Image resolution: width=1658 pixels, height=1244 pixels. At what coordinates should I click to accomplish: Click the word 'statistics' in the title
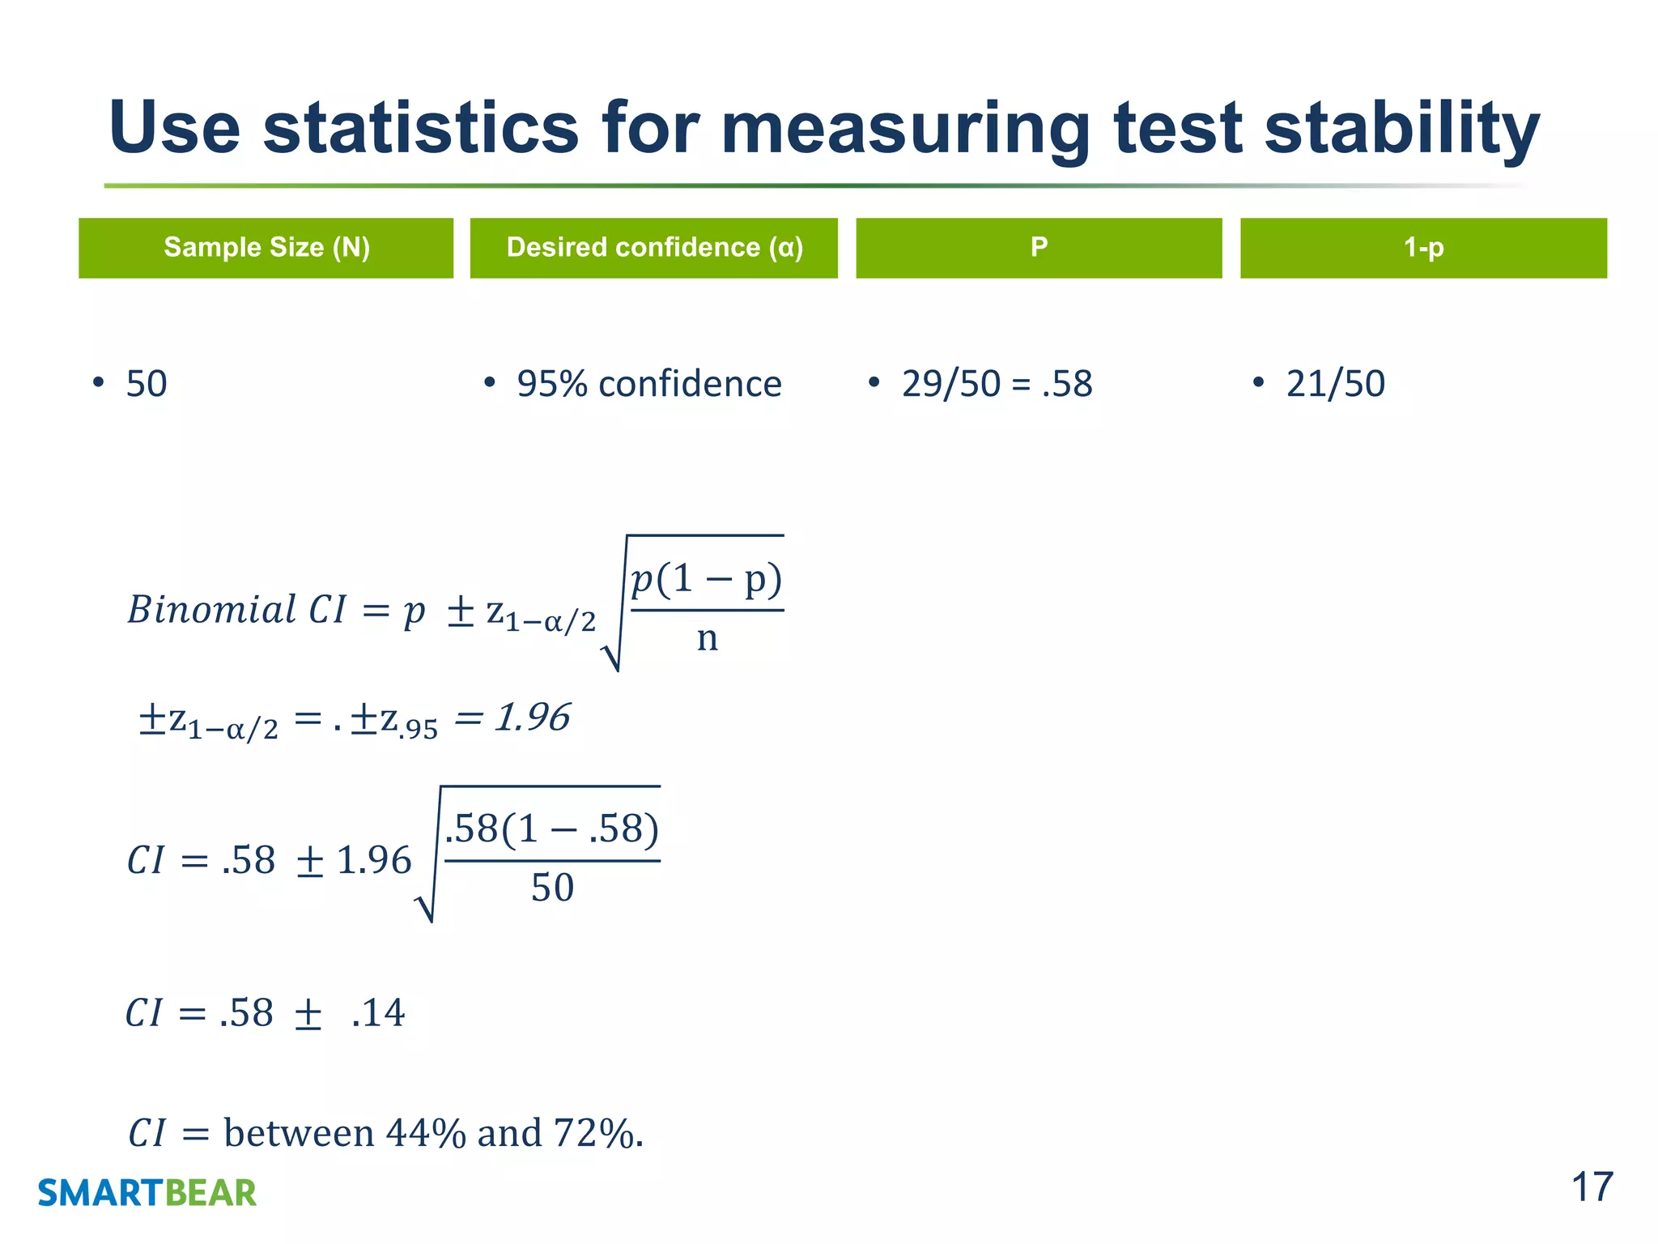click(x=420, y=128)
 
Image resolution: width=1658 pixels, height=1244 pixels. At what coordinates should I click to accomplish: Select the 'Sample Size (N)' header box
click(x=266, y=248)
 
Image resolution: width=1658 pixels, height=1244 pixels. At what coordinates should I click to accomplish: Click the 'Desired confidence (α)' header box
click(x=654, y=248)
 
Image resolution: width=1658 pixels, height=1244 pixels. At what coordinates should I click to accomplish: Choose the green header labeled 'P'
click(x=1039, y=248)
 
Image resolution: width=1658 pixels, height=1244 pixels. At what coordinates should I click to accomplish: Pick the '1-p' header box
click(x=1423, y=248)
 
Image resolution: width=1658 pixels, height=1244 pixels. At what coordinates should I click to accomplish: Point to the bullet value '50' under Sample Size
click(x=147, y=384)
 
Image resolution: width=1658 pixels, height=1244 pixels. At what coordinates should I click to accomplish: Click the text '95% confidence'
click(x=649, y=384)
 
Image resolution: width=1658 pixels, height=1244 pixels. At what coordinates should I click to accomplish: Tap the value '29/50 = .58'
click(x=997, y=384)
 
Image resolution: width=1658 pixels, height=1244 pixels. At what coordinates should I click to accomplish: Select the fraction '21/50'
click(x=1335, y=384)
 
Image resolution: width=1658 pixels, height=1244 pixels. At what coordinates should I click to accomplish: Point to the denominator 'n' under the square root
click(x=707, y=639)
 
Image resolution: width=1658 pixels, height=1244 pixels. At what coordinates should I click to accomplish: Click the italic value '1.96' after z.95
click(x=533, y=718)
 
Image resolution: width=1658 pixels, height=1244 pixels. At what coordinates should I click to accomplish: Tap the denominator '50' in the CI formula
click(x=552, y=888)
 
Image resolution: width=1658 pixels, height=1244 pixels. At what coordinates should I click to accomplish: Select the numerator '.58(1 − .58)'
click(x=552, y=829)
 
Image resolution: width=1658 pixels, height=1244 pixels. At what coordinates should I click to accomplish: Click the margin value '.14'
click(x=378, y=1013)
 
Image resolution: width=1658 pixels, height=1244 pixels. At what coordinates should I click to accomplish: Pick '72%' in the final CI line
click(x=594, y=1133)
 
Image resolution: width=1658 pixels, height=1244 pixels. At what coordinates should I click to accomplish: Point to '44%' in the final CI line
click(x=426, y=1133)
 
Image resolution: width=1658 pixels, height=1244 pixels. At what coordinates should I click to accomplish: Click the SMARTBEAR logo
click(x=147, y=1193)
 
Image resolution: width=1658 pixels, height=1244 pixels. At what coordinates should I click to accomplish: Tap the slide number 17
click(x=1592, y=1188)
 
